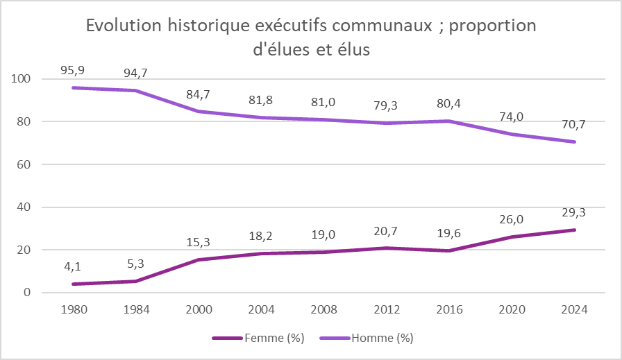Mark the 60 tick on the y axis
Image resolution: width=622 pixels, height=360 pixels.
coord(24,164)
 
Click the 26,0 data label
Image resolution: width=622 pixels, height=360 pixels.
coord(513,218)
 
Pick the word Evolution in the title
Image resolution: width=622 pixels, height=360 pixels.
coord(124,26)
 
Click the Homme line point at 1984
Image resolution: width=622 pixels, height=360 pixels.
coord(136,90)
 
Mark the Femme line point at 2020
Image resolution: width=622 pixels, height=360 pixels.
coord(513,237)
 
